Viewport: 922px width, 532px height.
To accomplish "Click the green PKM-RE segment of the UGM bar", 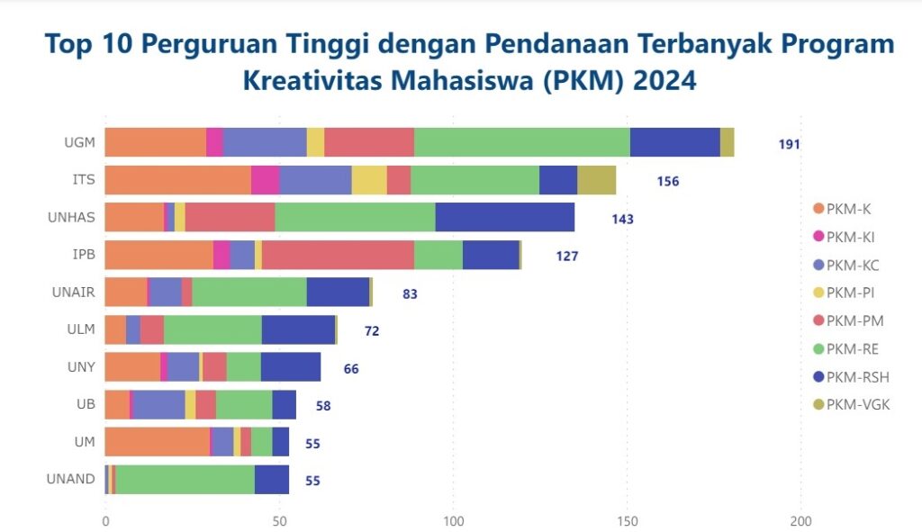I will pyautogui.click(x=522, y=142).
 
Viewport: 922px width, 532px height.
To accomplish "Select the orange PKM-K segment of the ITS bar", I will pyautogui.click(x=177, y=180).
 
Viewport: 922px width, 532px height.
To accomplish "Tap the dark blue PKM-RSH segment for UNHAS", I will pyautogui.click(x=504, y=217).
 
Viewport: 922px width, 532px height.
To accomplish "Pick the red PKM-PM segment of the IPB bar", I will pyautogui.click(x=338, y=255).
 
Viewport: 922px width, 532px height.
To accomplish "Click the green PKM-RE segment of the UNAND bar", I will pyautogui.click(x=185, y=479).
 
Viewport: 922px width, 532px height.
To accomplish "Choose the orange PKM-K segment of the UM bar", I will pyautogui.click(x=157, y=442).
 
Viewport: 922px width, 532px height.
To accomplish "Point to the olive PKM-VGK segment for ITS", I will pyautogui.click(x=596, y=180).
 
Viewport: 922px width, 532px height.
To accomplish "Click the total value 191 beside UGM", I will pyautogui.click(x=789, y=144).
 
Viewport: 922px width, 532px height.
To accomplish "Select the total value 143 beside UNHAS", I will pyautogui.click(x=622, y=219).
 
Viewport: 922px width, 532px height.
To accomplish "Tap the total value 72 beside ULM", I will pyautogui.click(x=371, y=330).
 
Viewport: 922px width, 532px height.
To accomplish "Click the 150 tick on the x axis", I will pyautogui.click(x=628, y=521).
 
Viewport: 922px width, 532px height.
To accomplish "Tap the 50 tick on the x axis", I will pyautogui.click(x=279, y=521).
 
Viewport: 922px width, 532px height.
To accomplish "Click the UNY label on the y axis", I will pyautogui.click(x=81, y=367).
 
